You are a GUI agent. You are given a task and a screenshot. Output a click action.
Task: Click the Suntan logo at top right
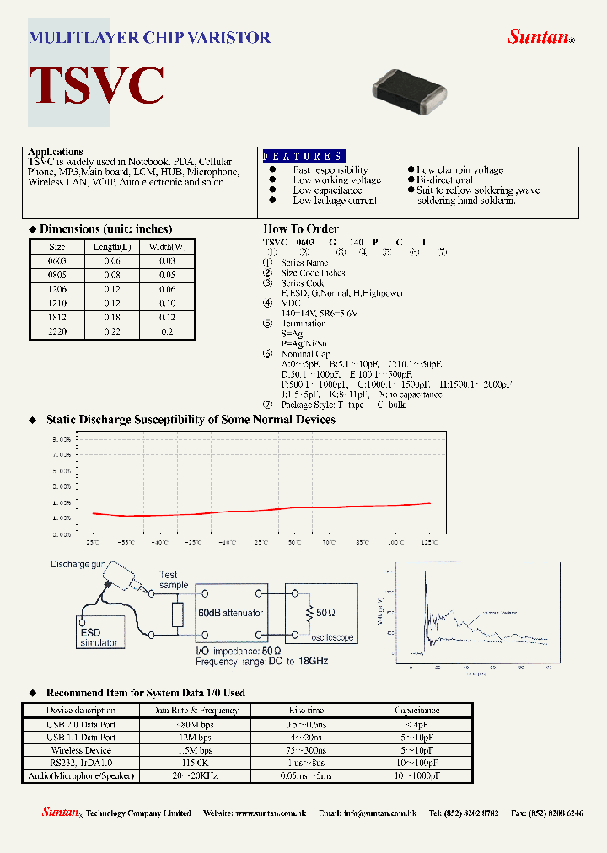click(x=540, y=36)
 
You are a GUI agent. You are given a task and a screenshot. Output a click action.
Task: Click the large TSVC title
click(x=96, y=85)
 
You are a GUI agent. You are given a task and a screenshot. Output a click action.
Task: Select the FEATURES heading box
click(x=303, y=156)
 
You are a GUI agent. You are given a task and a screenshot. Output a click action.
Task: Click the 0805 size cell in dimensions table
click(x=57, y=275)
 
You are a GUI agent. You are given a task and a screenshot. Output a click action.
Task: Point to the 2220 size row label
click(x=57, y=332)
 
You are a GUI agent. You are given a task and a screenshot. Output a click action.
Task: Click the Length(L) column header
click(x=112, y=247)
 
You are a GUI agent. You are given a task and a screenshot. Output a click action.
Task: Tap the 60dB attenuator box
click(x=231, y=613)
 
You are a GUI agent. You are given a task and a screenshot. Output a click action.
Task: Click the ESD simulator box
click(x=100, y=636)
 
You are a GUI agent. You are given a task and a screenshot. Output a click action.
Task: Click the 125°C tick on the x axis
click(x=430, y=543)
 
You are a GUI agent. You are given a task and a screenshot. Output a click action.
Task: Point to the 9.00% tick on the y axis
click(x=62, y=439)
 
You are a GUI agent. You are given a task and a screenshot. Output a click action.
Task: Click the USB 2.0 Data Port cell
click(x=81, y=724)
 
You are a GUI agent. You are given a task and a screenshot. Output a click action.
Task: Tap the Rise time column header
click(x=305, y=711)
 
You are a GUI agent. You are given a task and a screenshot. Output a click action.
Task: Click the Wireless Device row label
click(x=81, y=749)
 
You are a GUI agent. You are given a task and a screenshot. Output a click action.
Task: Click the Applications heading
click(x=56, y=152)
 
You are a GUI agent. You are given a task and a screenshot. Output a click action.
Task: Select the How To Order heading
click(x=301, y=228)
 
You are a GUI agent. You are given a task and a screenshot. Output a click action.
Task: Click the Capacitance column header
click(x=416, y=711)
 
